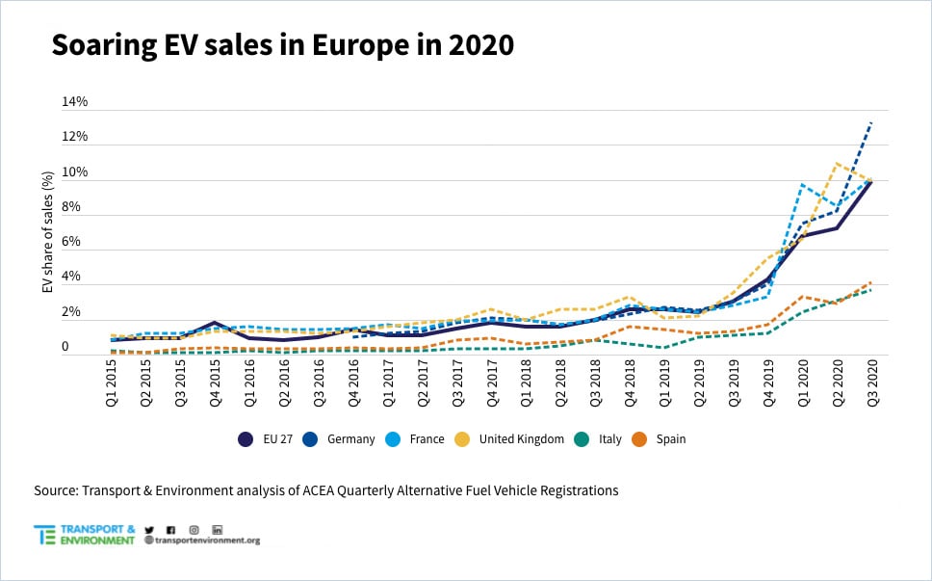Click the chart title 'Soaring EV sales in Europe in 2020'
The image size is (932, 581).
(x=282, y=45)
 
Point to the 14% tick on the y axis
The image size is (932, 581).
(x=75, y=101)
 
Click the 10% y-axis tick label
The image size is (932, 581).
(x=75, y=172)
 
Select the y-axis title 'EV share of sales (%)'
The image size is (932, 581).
(x=47, y=232)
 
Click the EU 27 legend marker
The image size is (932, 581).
(x=246, y=439)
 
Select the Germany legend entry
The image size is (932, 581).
(x=341, y=439)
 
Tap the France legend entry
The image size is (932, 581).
(x=417, y=439)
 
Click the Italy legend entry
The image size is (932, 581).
(x=602, y=439)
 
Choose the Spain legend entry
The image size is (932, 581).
(x=661, y=439)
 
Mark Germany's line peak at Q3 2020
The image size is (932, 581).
(x=871, y=122)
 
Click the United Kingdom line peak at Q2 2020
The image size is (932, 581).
(x=836, y=164)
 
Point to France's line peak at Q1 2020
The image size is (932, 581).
(x=801, y=184)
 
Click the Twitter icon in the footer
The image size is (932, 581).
(x=149, y=530)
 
